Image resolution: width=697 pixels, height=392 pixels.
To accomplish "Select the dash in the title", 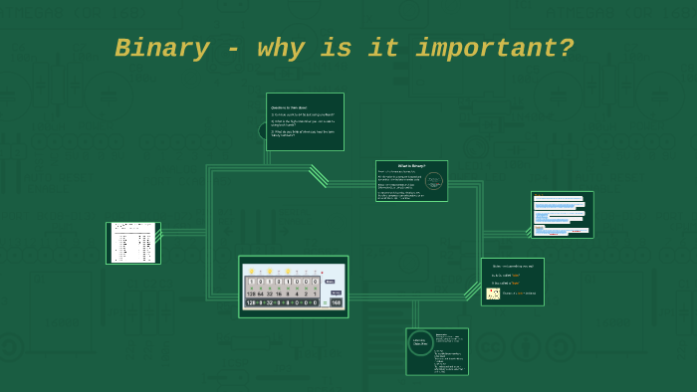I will click(232, 49).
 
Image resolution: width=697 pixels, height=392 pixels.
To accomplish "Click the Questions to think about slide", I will click(305, 121).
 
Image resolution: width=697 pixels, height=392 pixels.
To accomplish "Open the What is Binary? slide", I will click(411, 181).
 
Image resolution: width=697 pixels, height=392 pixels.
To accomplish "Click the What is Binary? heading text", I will click(411, 165).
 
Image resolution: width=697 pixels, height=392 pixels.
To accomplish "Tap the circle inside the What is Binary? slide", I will click(433, 181).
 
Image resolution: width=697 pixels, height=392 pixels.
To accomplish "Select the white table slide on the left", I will click(133, 243).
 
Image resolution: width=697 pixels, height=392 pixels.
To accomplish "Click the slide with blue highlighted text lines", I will click(562, 215).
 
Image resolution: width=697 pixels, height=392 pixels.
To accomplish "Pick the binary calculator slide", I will click(293, 287).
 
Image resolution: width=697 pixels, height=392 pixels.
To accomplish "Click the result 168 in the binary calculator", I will click(336, 302).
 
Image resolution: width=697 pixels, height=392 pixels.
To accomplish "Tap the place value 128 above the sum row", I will click(252, 294).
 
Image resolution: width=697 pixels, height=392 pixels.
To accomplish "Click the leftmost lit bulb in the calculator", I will click(252, 271).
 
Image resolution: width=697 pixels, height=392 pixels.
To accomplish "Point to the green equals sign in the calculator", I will click(324, 302).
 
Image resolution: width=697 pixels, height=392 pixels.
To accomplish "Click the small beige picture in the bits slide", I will click(493, 294).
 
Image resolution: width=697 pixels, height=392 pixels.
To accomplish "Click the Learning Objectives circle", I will click(420, 343).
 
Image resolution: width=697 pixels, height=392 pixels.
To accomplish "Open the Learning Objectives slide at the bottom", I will click(437, 351).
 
